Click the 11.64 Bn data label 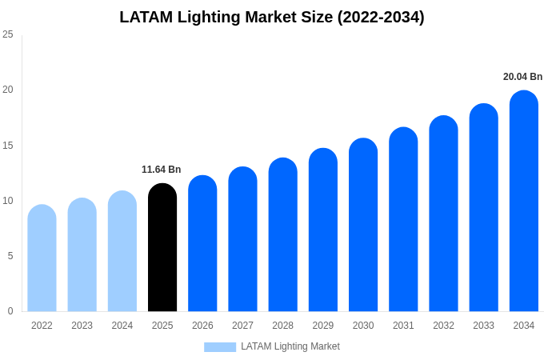click(x=162, y=170)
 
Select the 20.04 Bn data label click(x=522, y=77)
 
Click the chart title click(x=272, y=17)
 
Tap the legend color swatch click(x=220, y=347)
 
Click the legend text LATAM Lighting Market click(x=290, y=346)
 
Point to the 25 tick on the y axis click(x=8, y=34)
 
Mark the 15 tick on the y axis click(x=8, y=146)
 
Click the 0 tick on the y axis click(x=10, y=311)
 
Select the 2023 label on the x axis click(x=82, y=326)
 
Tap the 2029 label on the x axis click(x=323, y=326)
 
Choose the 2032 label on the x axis click(x=443, y=326)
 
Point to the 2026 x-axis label click(x=202, y=326)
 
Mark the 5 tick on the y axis click(x=10, y=256)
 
